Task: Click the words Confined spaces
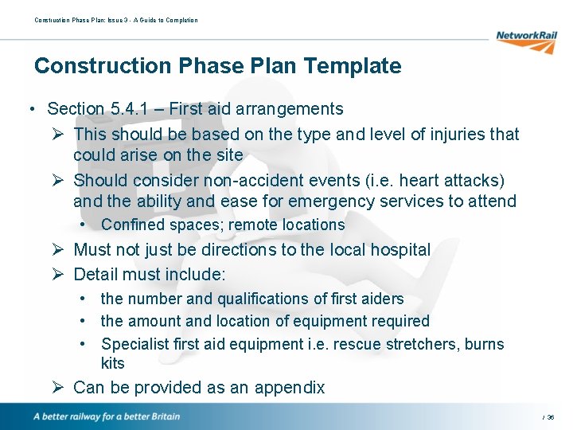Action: point(162,225)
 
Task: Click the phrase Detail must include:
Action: point(150,275)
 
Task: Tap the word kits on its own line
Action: point(113,363)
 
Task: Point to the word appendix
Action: point(290,388)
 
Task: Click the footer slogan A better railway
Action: point(107,416)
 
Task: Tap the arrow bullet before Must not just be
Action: point(58,250)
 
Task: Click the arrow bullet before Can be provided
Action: point(58,388)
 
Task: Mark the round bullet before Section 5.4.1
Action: point(29,109)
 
